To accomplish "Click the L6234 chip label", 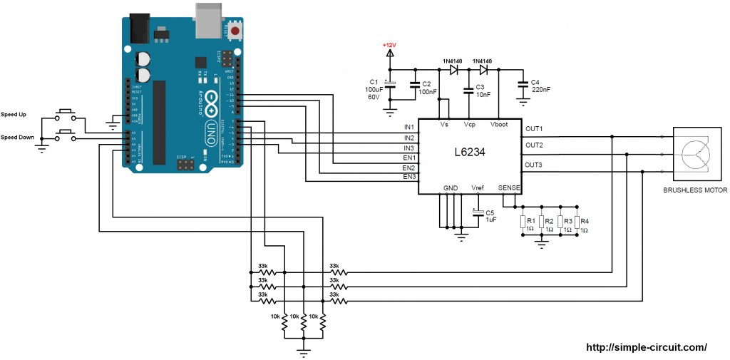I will point(470,153).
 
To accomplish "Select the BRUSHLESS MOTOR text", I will point(695,191).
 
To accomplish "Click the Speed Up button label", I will point(14,114).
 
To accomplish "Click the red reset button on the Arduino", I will point(233,31).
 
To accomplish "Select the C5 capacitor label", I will point(489,212).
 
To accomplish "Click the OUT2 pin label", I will point(534,145).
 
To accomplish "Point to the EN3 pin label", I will point(409,176).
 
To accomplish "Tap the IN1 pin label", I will point(409,128).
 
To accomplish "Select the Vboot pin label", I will point(499,124).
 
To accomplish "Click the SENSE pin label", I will point(510,187).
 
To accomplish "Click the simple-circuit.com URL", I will point(646,347).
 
